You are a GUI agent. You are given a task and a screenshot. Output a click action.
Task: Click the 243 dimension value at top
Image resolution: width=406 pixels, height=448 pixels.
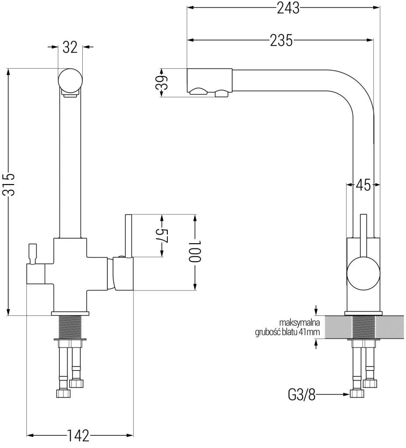point(289,7)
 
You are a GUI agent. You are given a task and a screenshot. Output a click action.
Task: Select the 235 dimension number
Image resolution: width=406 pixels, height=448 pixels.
point(280,40)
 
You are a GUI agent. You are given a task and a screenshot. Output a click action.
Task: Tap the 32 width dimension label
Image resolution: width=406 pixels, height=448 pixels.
point(70,47)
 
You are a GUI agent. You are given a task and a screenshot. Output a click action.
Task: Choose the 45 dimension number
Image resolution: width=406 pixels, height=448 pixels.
point(363,185)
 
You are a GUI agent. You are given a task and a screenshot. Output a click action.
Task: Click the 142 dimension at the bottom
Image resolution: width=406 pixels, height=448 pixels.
point(78,436)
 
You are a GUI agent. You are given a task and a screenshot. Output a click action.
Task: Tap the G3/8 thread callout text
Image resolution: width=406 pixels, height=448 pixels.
point(302,395)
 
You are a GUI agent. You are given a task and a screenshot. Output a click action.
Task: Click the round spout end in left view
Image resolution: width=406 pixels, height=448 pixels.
point(70,80)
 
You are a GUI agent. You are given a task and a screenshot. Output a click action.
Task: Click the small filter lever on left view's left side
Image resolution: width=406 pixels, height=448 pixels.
point(32,253)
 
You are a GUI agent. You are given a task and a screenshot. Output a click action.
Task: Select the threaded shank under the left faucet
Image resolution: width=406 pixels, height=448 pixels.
point(70,326)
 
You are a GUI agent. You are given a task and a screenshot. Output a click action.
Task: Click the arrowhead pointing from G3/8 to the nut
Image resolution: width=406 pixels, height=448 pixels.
point(347,395)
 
